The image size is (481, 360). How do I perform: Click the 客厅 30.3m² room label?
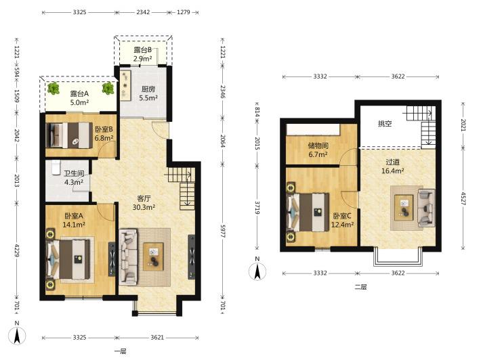point(144,203)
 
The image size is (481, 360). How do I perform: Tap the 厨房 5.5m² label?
point(148,93)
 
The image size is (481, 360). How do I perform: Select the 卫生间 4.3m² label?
point(74,178)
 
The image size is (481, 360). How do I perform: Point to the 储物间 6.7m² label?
point(318,150)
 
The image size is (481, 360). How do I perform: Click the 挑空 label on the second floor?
point(385,124)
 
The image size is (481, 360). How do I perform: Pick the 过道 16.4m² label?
point(393,166)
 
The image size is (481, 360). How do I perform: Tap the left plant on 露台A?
point(54,88)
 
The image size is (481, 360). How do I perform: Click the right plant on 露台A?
point(108,88)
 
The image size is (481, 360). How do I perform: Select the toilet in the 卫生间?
point(56,168)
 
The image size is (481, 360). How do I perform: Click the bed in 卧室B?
point(69,135)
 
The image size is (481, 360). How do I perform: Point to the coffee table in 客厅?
point(153,256)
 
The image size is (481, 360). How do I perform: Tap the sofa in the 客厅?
point(129,256)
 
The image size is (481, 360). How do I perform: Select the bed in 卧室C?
point(308,212)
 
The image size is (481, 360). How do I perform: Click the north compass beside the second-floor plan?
point(257,271)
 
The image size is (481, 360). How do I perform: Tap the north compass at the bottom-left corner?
point(17,336)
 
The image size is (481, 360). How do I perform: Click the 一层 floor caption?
point(121,351)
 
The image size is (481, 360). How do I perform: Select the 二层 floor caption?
point(360,287)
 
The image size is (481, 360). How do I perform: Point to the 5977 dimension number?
point(223,231)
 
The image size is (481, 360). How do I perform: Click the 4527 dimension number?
point(463,198)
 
